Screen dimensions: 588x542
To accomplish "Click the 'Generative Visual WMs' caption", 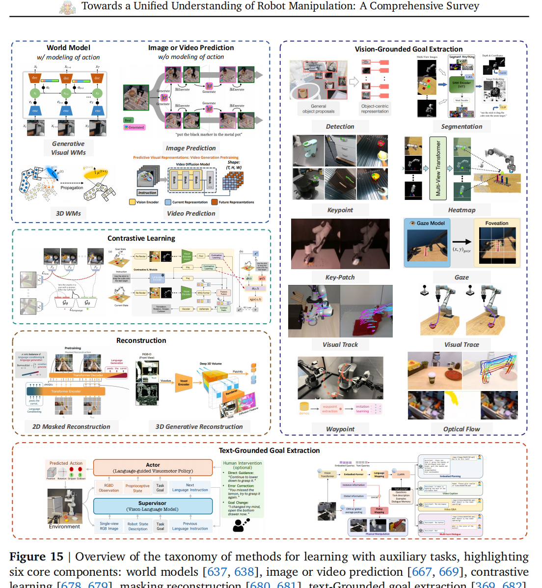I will click(68, 148).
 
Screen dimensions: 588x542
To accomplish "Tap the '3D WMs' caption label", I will click(68, 213).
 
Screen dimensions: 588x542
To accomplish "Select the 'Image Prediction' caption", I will click(190, 148).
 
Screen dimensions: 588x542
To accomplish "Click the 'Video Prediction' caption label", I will click(191, 213).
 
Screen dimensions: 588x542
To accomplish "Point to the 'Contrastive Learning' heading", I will click(141, 238).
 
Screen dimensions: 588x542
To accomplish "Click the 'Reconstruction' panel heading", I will click(141, 340).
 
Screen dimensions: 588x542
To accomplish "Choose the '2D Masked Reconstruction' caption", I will click(71, 426).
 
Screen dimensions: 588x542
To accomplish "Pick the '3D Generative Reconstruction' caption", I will click(199, 426).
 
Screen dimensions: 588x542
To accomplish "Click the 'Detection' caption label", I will click(340, 126).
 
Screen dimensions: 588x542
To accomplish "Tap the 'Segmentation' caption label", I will click(461, 126).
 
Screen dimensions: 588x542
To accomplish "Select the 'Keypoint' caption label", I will click(340, 210).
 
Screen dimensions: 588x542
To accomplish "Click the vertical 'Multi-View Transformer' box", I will click(438, 168).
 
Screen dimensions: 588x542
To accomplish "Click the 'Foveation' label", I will click(497, 223).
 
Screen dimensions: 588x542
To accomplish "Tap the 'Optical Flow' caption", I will click(461, 429).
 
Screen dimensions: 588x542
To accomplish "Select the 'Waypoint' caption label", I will click(340, 429).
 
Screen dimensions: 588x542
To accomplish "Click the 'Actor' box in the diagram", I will click(153, 468).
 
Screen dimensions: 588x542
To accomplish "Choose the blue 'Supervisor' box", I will click(153, 506).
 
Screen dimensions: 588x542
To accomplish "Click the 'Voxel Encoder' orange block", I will click(184, 383).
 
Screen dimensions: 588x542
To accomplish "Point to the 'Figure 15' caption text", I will click(36, 557).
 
